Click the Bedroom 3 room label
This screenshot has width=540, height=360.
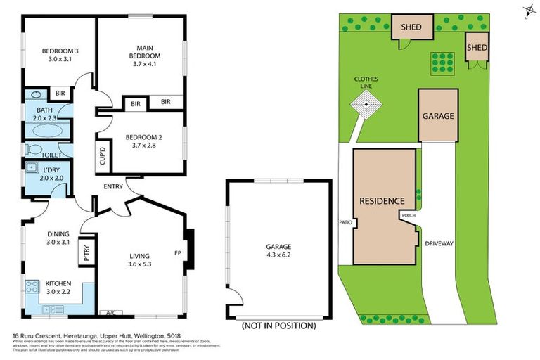pos(59,51)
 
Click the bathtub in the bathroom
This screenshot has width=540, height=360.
pos(47,131)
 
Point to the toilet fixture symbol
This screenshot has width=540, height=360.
pos(33,149)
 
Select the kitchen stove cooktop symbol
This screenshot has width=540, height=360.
pos(32,286)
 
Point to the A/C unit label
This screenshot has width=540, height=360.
pos(110,312)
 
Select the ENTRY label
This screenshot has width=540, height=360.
pos(113,186)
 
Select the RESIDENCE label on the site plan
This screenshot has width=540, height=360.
pos(382,200)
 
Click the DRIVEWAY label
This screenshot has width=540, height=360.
pos(439,243)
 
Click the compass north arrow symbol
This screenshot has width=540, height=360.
pos(528,11)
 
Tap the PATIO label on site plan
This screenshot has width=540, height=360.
pos(345,224)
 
